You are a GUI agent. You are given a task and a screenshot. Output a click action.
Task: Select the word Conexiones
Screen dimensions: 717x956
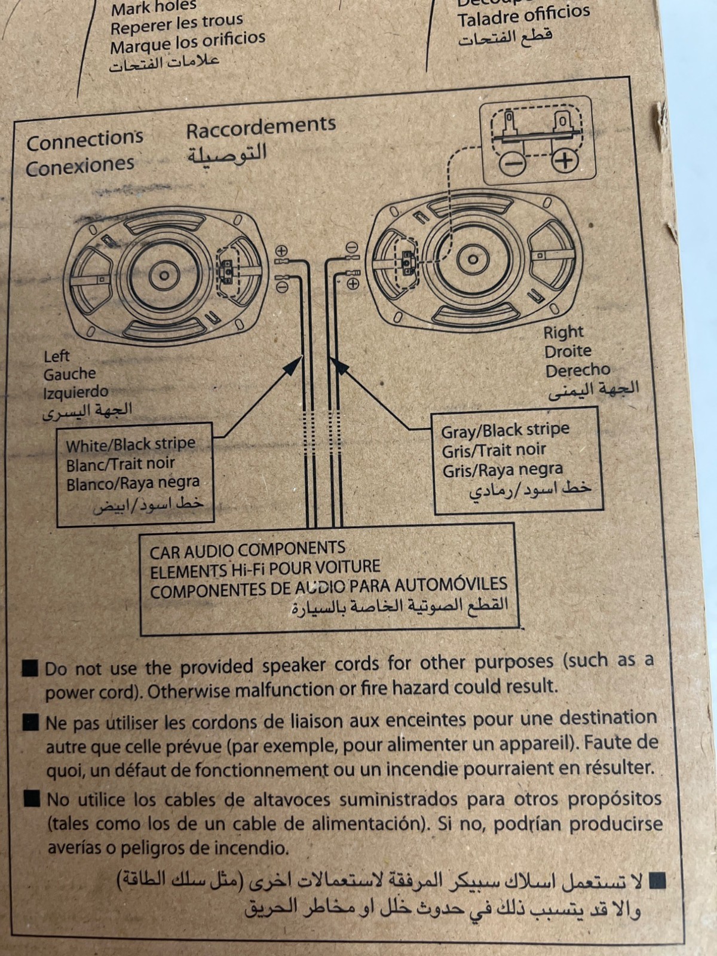click(x=79, y=166)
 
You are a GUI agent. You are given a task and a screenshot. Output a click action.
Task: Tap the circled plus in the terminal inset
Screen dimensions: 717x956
click(x=565, y=161)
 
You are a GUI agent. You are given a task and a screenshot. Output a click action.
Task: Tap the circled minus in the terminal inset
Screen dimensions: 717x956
click(x=512, y=163)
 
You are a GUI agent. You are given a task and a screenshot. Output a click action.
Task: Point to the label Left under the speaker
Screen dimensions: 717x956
click(x=57, y=356)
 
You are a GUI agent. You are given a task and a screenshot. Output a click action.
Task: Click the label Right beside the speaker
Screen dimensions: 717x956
click(x=563, y=332)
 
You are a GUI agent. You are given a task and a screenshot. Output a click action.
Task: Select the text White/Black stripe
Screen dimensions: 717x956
click(x=130, y=445)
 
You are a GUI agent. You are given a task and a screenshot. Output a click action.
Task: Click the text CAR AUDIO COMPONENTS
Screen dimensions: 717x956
click(x=247, y=550)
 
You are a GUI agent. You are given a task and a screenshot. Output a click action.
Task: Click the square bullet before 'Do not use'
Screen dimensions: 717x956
click(x=30, y=668)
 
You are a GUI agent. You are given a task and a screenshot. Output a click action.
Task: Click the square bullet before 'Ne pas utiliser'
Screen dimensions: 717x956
click(x=30, y=723)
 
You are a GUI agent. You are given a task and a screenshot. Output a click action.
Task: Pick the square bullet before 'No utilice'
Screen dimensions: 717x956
click(x=32, y=799)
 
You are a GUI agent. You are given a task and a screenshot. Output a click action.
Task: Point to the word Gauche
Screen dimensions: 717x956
click(x=69, y=375)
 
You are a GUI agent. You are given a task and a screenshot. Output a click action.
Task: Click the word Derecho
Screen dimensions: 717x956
click(x=577, y=371)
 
